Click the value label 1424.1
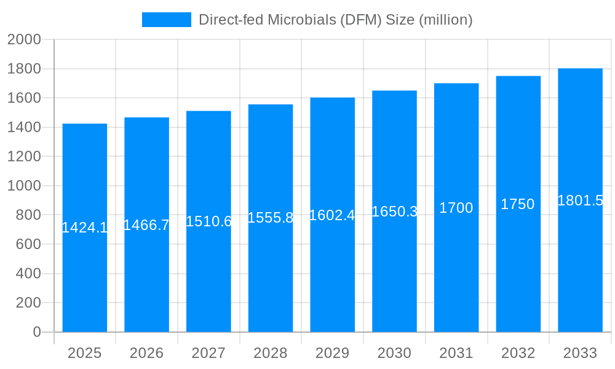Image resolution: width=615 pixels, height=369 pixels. pos(85,228)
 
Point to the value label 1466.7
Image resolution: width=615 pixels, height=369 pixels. pos(146,225)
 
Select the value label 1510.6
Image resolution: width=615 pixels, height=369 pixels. pos(208,221)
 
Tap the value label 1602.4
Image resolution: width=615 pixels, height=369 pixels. pos(332,215)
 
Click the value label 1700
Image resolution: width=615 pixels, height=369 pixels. pos(456,208)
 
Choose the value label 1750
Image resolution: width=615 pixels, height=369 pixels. pos(518,204)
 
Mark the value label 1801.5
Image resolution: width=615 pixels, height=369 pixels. pos(580,200)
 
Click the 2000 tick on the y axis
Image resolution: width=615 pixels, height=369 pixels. pos(24,40)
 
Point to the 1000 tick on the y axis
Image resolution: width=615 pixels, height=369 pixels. pos(24,186)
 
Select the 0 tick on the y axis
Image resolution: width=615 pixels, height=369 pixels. pos(36,332)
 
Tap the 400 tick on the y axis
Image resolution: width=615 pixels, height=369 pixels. pos(28,274)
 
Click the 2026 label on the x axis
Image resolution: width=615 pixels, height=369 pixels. pos(146,353)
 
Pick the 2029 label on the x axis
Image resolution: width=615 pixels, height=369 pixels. pos(332,353)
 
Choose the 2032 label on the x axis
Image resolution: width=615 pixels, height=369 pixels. pos(518,353)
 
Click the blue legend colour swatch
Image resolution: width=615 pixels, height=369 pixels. pos(166,20)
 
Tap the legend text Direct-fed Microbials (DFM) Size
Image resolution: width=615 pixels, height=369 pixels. pos(335,20)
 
